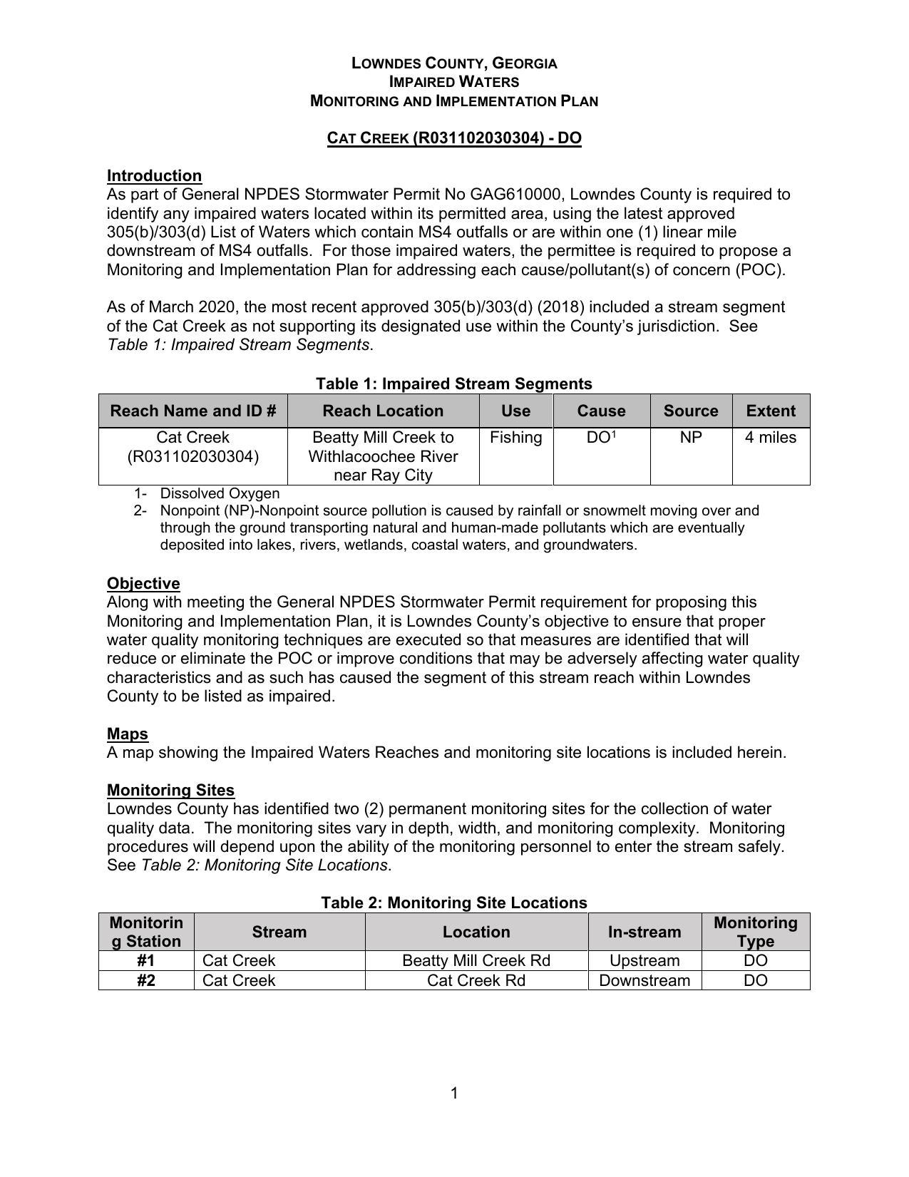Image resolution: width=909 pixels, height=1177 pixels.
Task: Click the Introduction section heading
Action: tap(154, 175)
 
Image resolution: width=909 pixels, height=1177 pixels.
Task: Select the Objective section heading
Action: tap(143, 583)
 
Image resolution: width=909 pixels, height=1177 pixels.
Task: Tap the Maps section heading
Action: tap(128, 734)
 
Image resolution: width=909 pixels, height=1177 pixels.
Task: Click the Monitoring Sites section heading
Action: tap(170, 790)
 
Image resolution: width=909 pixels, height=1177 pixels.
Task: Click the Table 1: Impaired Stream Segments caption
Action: tap(453, 384)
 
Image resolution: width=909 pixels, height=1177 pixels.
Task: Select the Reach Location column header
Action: tap(383, 411)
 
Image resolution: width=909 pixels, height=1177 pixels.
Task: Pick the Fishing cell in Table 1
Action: tap(515, 438)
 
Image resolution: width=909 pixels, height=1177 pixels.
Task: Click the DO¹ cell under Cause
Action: tap(601, 438)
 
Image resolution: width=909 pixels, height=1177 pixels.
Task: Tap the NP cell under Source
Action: tap(690, 438)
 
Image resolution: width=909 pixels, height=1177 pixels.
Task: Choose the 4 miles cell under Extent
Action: tap(771, 438)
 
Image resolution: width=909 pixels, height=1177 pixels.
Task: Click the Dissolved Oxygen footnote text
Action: tap(220, 493)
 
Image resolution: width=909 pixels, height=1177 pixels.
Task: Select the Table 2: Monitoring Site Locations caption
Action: tap(453, 903)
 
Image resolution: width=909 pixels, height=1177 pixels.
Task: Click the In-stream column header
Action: tap(644, 932)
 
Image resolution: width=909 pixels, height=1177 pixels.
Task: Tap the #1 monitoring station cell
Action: tap(146, 960)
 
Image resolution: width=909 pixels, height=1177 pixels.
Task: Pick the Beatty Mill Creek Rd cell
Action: tap(476, 960)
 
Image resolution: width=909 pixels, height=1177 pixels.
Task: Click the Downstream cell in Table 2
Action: tap(644, 980)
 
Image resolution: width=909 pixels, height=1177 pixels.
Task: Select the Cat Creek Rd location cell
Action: tap(476, 980)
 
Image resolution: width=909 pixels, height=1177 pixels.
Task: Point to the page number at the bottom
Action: tap(454, 1093)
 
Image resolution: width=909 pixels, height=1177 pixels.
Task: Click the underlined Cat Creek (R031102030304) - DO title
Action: tap(454, 138)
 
